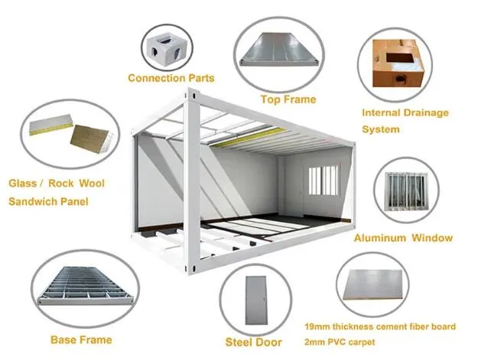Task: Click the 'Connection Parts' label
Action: click(x=171, y=78)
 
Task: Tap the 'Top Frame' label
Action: click(x=288, y=99)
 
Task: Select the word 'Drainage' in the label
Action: click(x=426, y=112)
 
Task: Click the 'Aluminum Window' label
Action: click(x=403, y=238)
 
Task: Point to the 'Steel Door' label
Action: click(x=254, y=342)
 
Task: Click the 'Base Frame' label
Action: click(x=81, y=339)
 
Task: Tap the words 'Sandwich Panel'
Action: click(x=48, y=201)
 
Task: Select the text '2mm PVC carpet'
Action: click(x=340, y=342)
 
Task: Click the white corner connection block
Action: click(x=166, y=48)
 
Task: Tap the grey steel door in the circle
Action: click(x=256, y=300)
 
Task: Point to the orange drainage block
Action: click(x=398, y=63)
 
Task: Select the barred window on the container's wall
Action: click(x=324, y=181)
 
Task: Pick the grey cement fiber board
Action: click(x=372, y=284)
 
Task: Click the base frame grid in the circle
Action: click(x=85, y=287)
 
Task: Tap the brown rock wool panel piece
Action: click(x=90, y=140)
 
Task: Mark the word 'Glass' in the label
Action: click(x=22, y=183)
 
